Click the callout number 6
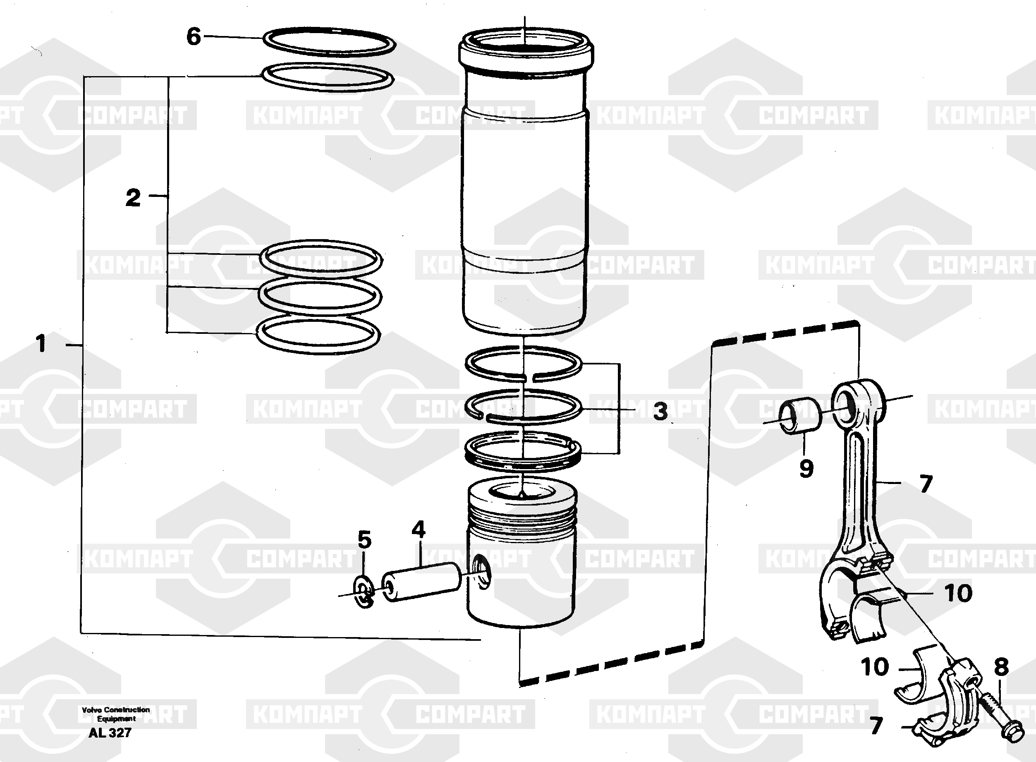(x=194, y=36)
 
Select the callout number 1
(x=41, y=344)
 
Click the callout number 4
(x=418, y=530)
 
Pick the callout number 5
(x=364, y=540)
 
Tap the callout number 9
(x=806, y=469)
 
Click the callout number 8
(x=1001, y=667)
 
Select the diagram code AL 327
(x=110, y=732)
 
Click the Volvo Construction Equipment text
(x=116, y=714)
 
